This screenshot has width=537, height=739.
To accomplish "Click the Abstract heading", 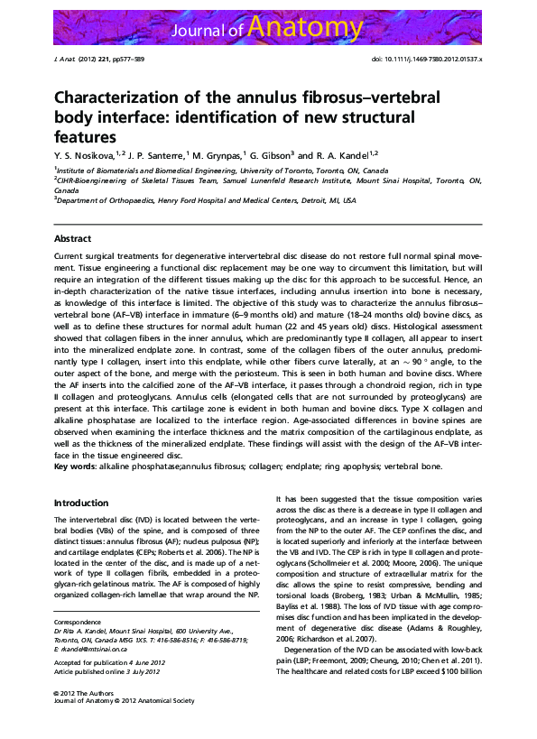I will tap(72, 238).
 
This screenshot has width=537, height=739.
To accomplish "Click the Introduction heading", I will tap(81, 503).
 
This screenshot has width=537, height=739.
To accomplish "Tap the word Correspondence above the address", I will tap(77, 622).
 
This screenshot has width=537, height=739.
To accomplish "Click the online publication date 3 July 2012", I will tap(144, 673).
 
